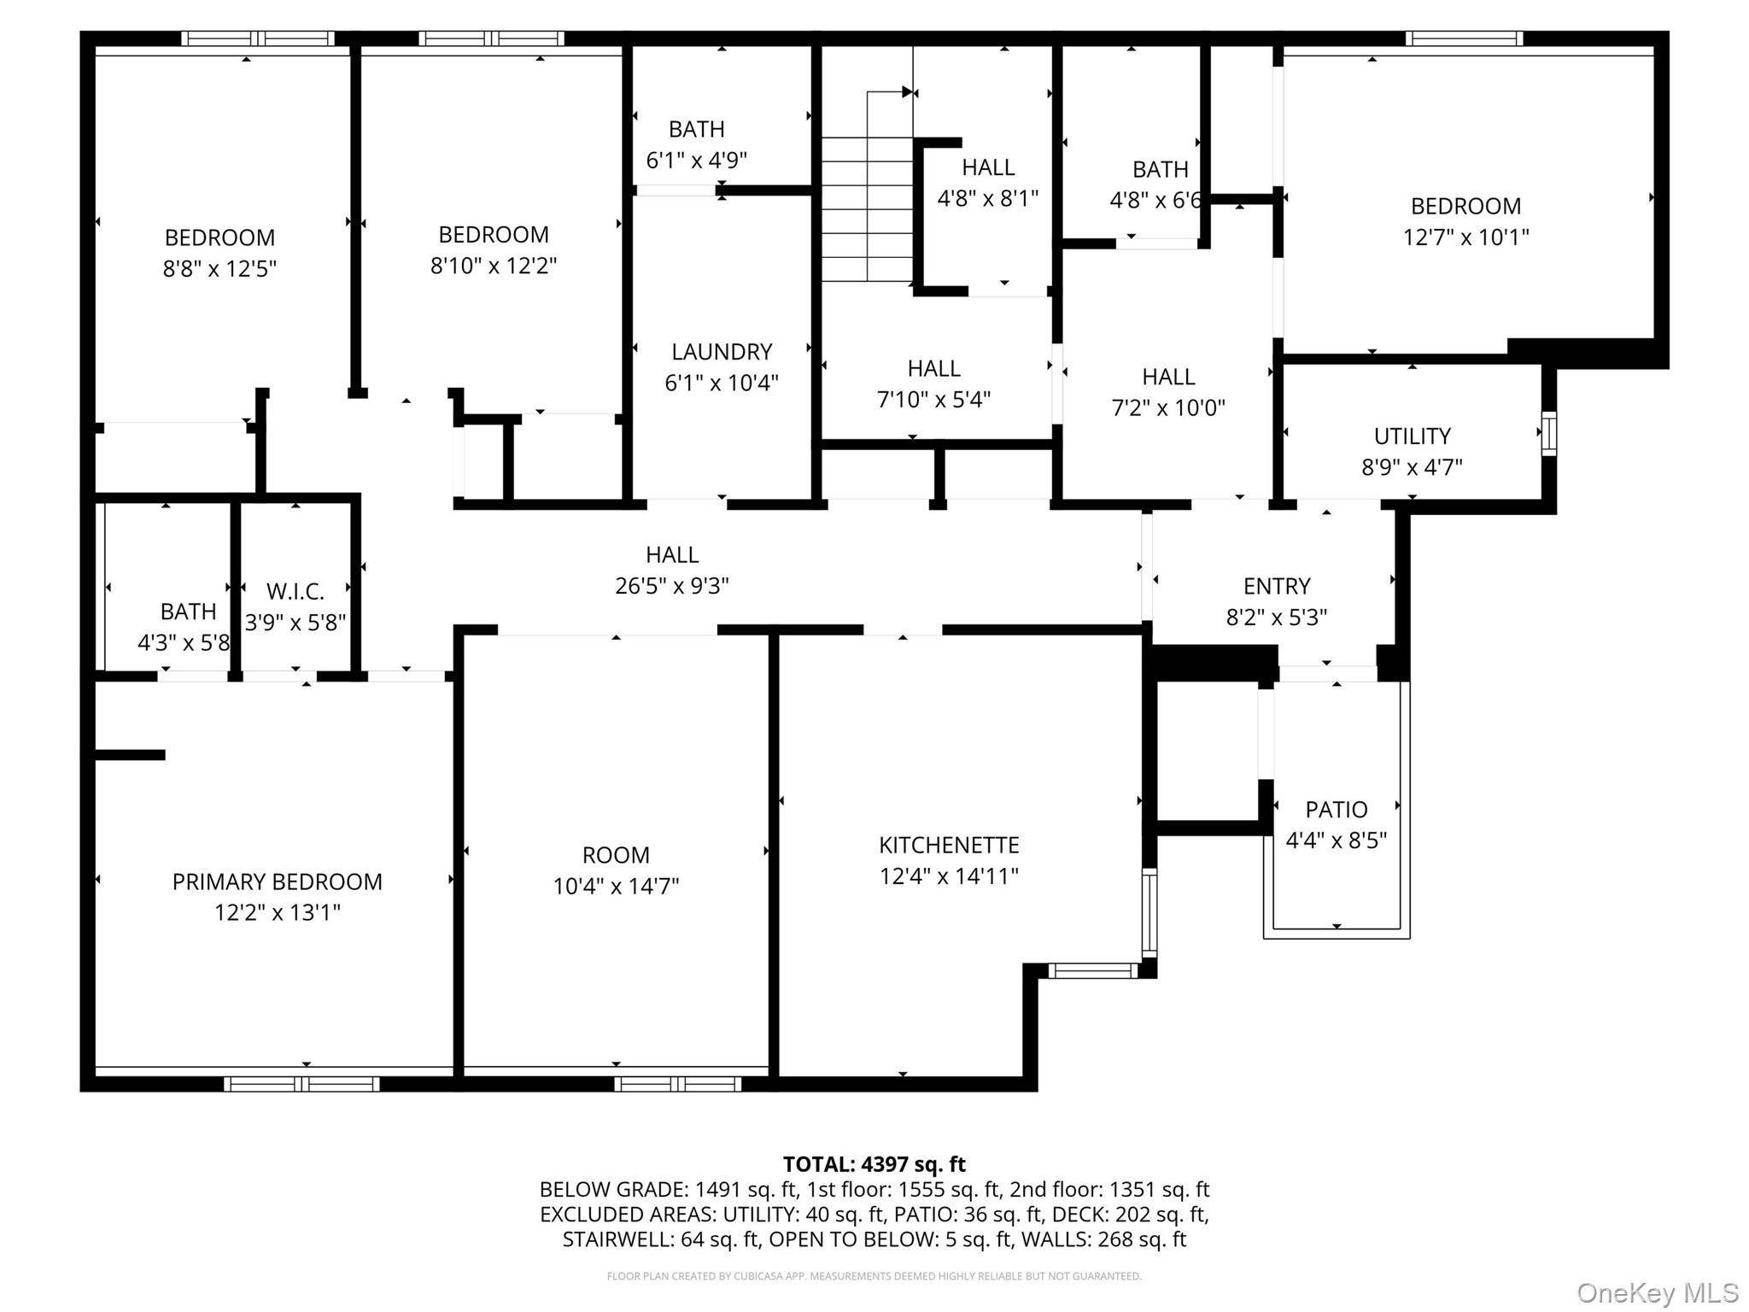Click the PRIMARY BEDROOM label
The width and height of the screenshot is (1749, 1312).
point(277,881)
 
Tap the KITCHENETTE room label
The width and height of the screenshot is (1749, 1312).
point(949,845)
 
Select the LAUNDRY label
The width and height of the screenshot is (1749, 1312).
point(722,351)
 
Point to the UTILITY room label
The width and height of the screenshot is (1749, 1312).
point(1412,436)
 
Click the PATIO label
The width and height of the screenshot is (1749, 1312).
point(1337,809)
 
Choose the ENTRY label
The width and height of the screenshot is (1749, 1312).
point(1277,586)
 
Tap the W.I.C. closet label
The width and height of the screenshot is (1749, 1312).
point(295,591)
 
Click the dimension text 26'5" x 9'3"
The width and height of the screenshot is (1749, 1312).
point(672,586)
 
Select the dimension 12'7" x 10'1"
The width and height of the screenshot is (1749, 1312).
point(1465,237)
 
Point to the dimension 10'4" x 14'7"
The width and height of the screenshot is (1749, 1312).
point(616,886)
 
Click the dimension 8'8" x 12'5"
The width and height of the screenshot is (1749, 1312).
point(219,268)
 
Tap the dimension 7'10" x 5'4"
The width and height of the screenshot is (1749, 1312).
point(933,399)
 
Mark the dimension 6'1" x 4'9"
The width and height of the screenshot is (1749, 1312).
point(696,160)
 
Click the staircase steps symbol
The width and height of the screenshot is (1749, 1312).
point(868,209)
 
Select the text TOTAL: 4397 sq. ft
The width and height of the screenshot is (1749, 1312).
point(874,1164)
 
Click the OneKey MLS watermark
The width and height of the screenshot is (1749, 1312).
point(1657,1292)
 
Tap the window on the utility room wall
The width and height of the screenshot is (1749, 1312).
point(1548,434)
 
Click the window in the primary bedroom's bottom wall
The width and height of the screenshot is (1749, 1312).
point(301,1084)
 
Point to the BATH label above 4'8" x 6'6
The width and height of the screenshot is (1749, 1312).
point(1160,169)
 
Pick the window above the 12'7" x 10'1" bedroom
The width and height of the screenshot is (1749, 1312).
point(1464,38)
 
